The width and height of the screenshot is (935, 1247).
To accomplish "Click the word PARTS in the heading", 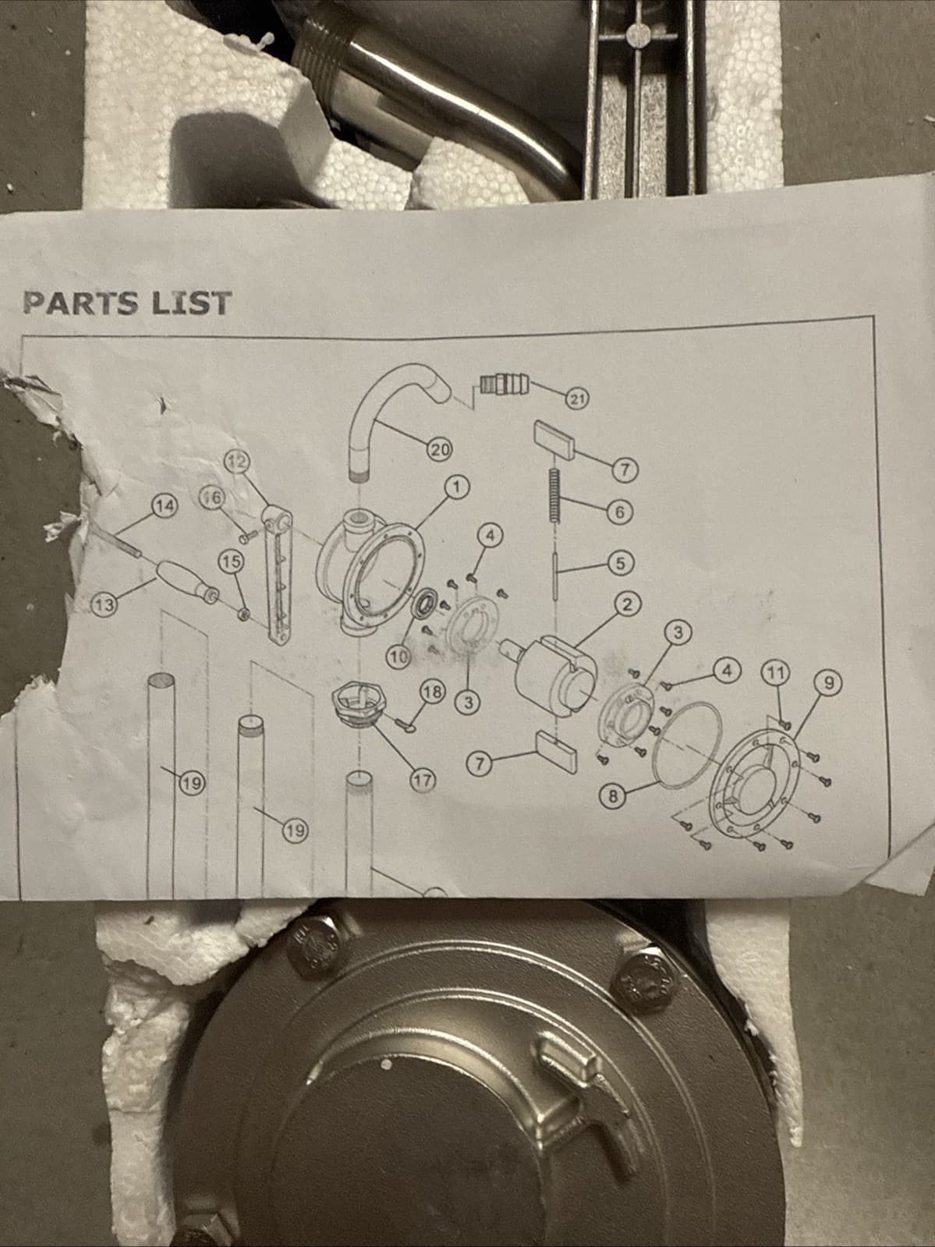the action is (x=80, y=303).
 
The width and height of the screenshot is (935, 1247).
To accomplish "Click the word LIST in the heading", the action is (x=191, y=303).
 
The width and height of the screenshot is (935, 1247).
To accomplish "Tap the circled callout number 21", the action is (x=576, y=399).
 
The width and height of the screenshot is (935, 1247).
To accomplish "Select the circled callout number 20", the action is (x=439, y=450).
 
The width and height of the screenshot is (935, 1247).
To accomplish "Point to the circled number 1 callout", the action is (x=458, y=487).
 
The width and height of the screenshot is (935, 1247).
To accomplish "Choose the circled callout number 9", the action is (x=830, y=683).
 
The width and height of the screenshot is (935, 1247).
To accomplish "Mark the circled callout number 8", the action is (x=613, y=796).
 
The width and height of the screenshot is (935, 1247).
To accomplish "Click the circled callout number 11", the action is (x=776, y=674).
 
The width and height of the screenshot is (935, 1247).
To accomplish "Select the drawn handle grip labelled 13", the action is (x=183, y=583).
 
